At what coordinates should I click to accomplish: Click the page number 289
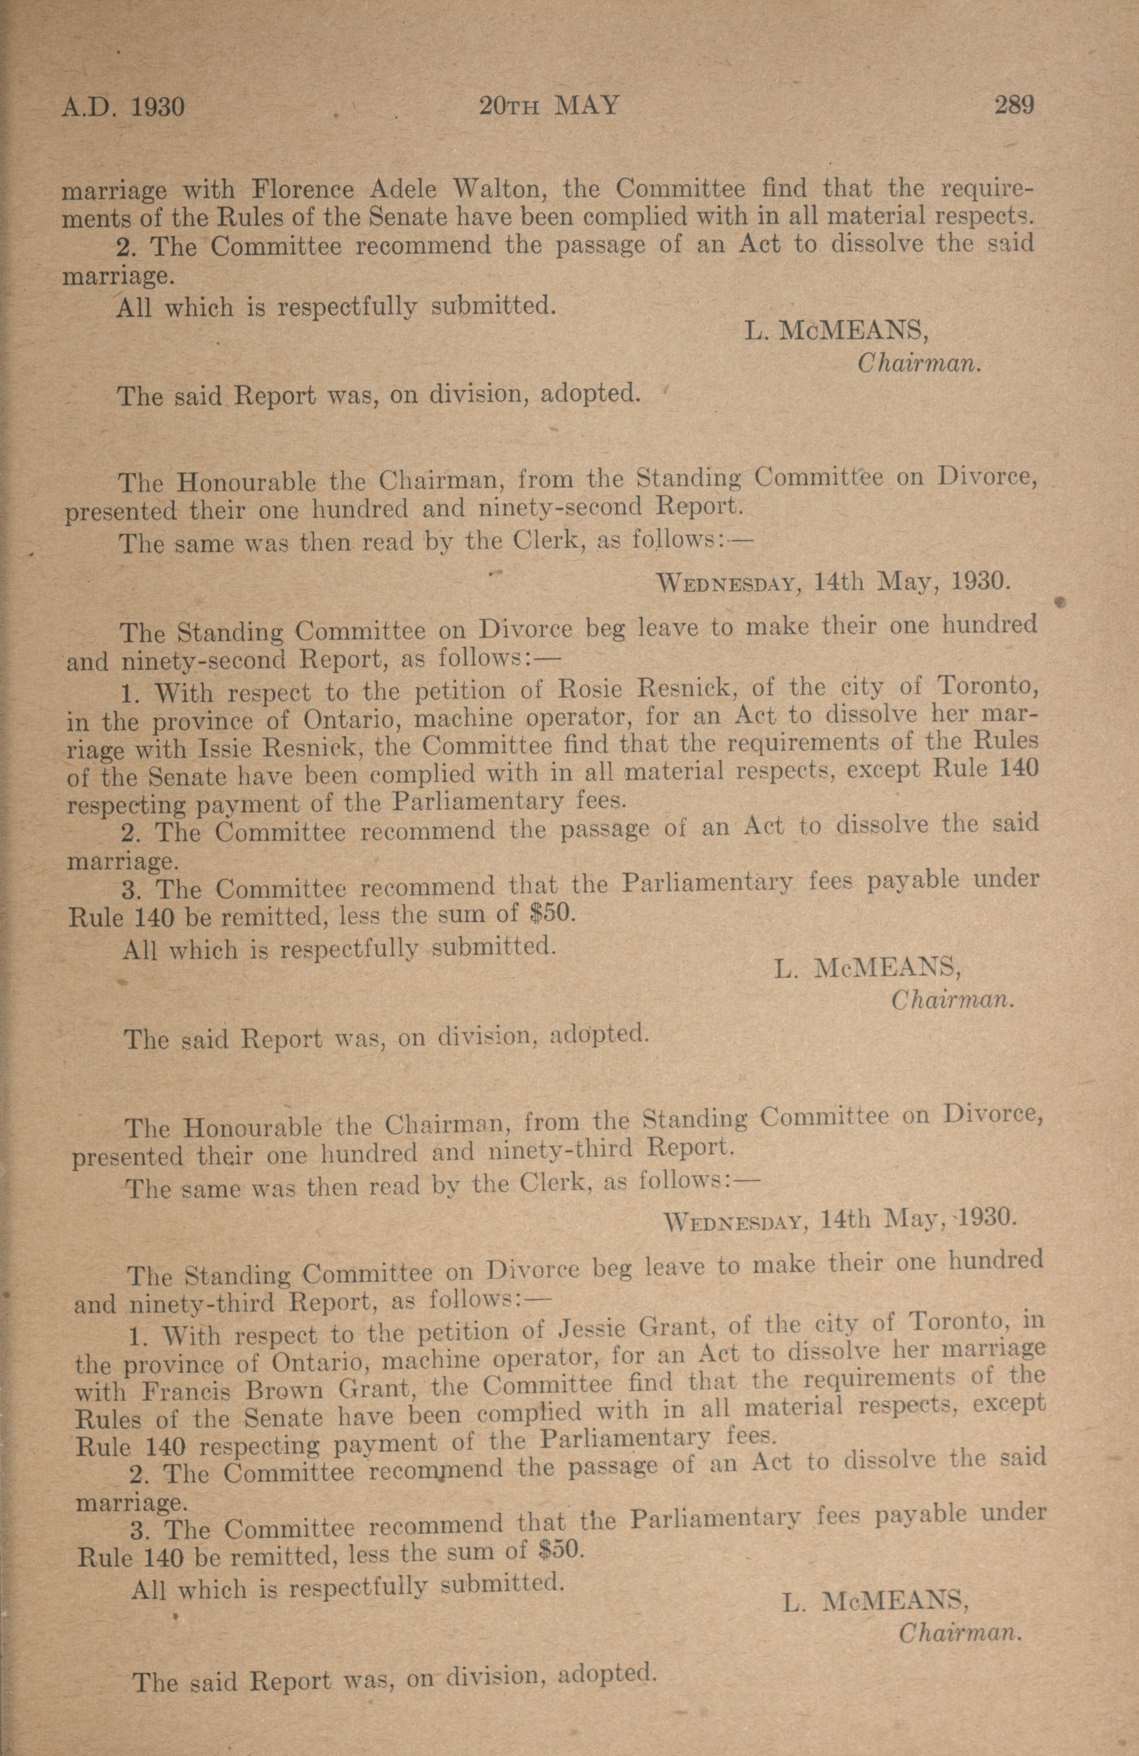click(x=1013, y=106)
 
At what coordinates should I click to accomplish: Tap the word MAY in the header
click(x=587, y=106)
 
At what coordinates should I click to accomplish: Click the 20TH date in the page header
click(x=510, y=107)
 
